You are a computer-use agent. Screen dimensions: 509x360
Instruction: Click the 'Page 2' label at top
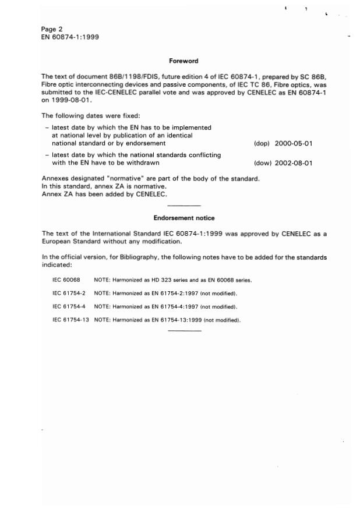52,29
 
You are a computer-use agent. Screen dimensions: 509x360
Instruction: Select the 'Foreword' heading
183,61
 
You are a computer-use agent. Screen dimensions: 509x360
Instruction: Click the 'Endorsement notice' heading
183,218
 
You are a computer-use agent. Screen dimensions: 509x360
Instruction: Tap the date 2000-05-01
294,143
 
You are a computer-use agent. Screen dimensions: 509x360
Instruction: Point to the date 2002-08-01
294,163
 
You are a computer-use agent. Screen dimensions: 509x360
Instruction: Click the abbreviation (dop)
262,143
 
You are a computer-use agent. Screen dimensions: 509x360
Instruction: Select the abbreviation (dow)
262,163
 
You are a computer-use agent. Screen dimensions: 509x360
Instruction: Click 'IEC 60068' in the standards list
65,280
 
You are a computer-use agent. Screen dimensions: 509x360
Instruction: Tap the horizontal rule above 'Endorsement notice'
183,206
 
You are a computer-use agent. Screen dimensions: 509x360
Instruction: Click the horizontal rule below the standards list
183,331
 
